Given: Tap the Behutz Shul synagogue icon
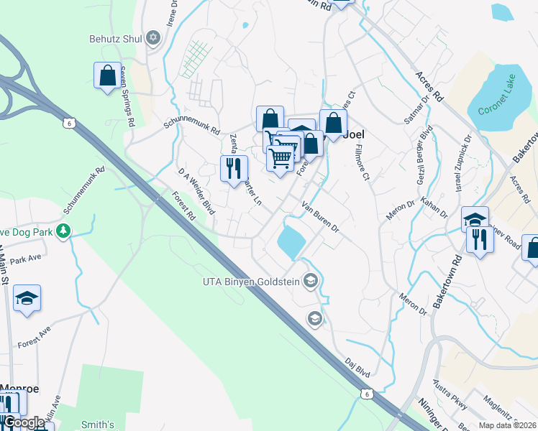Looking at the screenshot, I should coord(152,38).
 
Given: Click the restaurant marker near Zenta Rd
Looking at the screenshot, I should coord(234,170).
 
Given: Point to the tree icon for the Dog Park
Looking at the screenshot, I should coord(64,231).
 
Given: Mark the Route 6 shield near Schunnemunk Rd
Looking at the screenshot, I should coord(69,124).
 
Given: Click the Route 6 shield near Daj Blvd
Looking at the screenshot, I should coord(367,394).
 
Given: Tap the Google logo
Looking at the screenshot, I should coord(24,423).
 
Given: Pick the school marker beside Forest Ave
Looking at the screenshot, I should coord(27,299).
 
